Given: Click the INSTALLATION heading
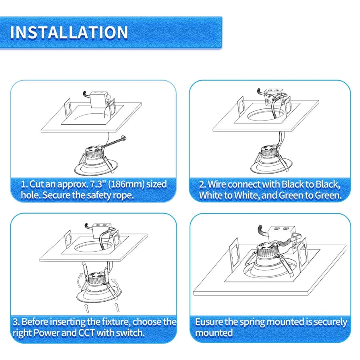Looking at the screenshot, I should tap(69, 32).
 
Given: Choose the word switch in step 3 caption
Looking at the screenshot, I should tap(130, 333).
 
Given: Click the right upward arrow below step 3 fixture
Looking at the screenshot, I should tap(117, 308).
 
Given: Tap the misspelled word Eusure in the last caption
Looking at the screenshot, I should tap(210, 322).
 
